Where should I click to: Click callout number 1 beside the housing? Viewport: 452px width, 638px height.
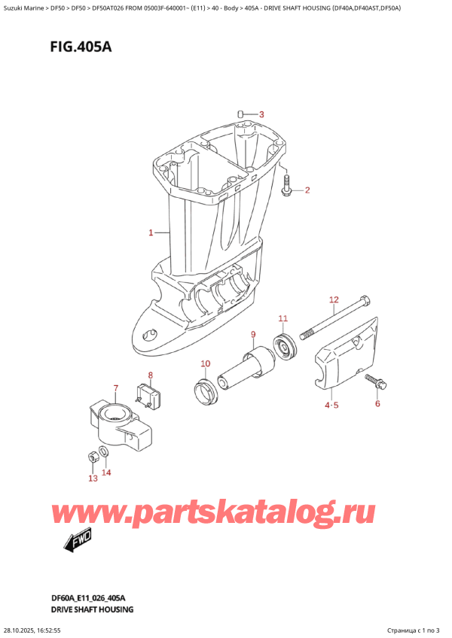151,232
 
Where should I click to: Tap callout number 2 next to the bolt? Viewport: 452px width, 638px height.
307,190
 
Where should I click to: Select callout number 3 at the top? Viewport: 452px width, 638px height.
261,114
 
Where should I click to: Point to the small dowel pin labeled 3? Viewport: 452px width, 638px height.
240,114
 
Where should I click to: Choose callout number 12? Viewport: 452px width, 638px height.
334,300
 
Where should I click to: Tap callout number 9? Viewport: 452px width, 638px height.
253,334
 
